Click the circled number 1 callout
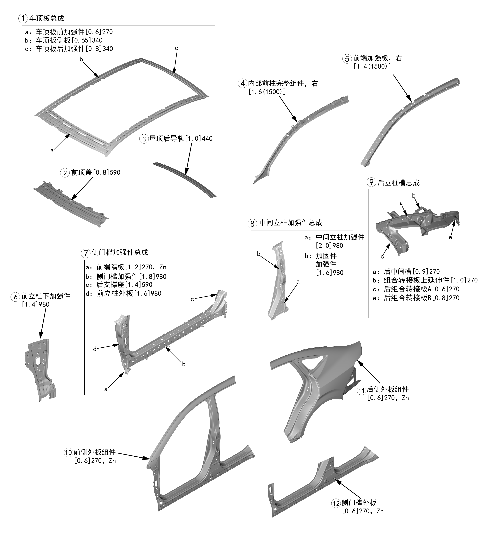pyautogui.click(x=23, y=19)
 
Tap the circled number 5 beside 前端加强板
pyautogui.click(x=347, y=59)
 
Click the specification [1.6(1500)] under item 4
pyautogui.click(x=267, y=92)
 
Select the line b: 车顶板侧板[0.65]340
pyautogui.click(x=63, y=40)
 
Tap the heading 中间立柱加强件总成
pyautogui.click(x=291, y=223)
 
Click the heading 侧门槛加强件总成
pyautogui.click(x=120, y=252)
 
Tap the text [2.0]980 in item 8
pyautogui.click(x=329, y=246)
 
